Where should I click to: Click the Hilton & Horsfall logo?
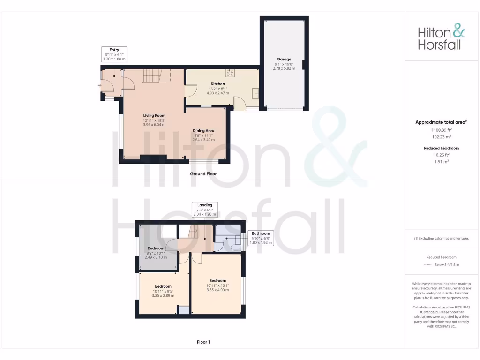(441, 38)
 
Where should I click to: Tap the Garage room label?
(284, 60)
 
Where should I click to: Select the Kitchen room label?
(218, 84)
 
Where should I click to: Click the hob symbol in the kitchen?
(231, 73)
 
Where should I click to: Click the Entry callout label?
(114, 50)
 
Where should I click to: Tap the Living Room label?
(154, 115)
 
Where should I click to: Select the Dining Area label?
(203, 131)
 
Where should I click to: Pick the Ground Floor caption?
(203, 173)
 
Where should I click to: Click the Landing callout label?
(205, 205)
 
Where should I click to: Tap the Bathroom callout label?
(261, 233)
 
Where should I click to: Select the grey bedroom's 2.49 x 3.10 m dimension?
(156, 257)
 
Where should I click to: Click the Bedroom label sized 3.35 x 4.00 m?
(217, 281)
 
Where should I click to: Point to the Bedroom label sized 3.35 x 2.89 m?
(163, 286)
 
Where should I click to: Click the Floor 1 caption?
(203, 342)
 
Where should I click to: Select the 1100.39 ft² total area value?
(441, 130)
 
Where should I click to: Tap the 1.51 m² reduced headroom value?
(441, 161)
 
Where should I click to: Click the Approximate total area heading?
(440, 122)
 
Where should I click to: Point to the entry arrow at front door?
(99, 86)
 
